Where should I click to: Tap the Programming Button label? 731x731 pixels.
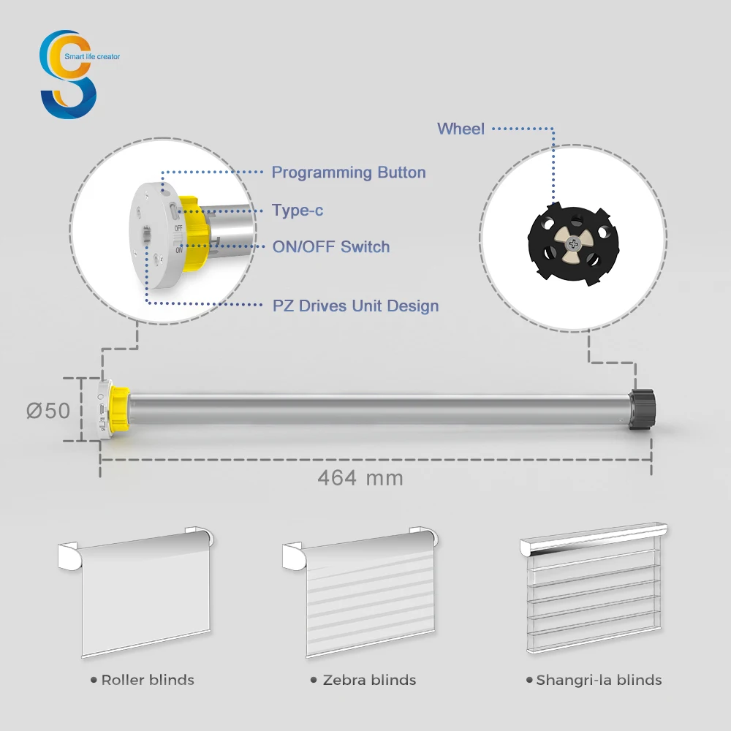[348, 173]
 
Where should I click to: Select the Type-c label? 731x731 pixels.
[298, 211]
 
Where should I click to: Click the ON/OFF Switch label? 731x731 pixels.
[331, 247]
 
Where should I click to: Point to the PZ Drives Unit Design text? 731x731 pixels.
[355, 306]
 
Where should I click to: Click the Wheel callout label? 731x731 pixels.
[461, 129]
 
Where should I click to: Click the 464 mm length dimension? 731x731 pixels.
[360, 478]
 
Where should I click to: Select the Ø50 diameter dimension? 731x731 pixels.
[49, 411]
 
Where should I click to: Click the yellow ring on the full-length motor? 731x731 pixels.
[118, 410]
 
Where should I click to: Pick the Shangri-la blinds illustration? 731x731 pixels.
[594, 592]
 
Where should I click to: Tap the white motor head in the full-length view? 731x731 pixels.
[103, 410]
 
